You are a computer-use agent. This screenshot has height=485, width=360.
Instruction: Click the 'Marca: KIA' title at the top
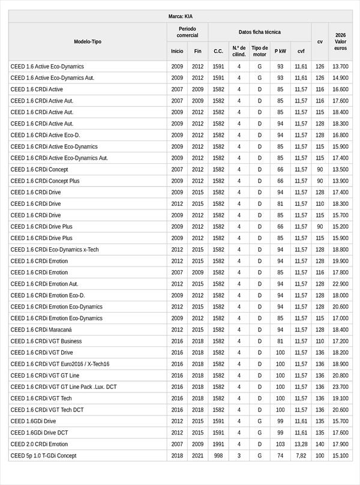point(181,16)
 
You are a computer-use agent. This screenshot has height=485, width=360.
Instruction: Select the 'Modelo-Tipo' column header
point(88,41)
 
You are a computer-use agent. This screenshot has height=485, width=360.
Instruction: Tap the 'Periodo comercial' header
point(187,32)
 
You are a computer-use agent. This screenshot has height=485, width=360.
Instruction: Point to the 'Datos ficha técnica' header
point(259,32)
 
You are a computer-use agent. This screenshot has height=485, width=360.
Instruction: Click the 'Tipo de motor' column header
point(259,51)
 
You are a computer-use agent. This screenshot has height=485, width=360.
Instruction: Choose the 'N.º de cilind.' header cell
point(239,51)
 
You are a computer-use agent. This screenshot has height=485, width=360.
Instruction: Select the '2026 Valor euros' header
point(340,41)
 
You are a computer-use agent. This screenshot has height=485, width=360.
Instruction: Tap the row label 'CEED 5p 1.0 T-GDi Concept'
point(43,456)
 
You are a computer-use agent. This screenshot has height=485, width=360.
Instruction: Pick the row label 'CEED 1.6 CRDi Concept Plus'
point(45,181)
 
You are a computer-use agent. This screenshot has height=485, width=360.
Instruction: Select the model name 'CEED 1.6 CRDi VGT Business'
point(46,341)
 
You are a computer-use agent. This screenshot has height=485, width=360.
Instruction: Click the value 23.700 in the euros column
point(340,387)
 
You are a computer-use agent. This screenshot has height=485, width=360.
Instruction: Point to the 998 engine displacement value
point(218,456)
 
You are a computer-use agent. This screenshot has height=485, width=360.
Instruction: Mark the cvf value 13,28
point(301,444)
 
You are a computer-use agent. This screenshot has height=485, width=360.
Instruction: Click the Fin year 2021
point(197,456)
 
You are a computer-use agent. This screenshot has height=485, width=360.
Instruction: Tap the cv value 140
point(320,444)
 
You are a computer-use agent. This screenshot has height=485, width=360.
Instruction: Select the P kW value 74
point(280,456)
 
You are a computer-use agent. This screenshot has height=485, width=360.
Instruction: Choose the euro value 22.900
point(340,284)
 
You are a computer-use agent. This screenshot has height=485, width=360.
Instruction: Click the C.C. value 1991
point(218,444)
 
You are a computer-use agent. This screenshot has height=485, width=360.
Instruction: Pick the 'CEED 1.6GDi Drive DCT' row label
point(39,433)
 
